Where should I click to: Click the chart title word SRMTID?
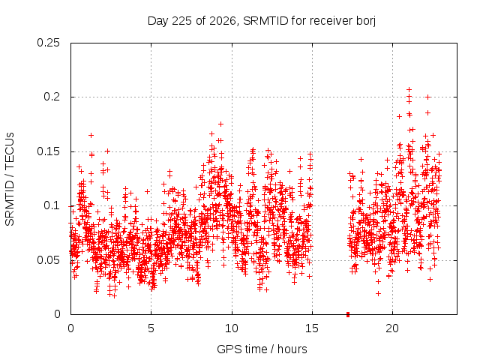coord(265,21)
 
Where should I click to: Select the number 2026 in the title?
coord(223,21)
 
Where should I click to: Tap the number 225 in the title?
coord(182,21)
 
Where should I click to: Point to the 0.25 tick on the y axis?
coord(48,43)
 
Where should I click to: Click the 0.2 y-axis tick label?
coord(52,97)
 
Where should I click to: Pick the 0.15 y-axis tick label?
coord(48,151)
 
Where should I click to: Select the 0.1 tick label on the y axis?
coord(52,205)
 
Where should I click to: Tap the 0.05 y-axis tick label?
coord(48,260)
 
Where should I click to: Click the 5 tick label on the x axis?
coord(151,328)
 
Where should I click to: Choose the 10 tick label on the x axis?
coord(232,328)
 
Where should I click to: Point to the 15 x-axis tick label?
coord(312,328)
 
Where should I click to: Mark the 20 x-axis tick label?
coord(392,328)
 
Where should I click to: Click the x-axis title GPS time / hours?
coord(262,349)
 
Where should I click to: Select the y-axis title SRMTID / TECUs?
coord(10,179)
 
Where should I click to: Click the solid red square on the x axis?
coord(348,314)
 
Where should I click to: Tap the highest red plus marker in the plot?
coord(409,89)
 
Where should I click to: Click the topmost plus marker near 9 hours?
coord(220,124)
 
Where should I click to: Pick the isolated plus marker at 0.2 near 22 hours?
coord(428,97)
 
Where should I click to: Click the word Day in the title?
coord(157,22)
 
